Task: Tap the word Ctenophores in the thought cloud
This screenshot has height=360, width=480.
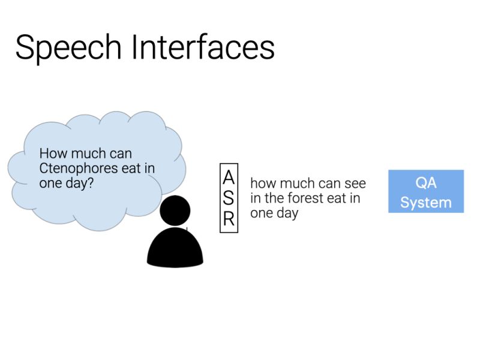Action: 78,169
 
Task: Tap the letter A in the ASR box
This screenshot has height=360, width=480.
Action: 229,178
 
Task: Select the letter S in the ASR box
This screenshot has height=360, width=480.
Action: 229,199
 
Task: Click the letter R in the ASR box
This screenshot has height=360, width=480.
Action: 229,219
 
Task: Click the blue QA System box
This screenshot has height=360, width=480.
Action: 425,191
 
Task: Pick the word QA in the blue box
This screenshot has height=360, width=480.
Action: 425,183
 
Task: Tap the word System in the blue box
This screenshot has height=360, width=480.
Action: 425,202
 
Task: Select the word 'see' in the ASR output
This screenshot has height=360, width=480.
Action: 354,183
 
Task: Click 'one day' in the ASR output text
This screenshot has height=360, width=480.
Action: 274,213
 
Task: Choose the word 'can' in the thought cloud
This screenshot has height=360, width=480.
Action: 119,154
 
